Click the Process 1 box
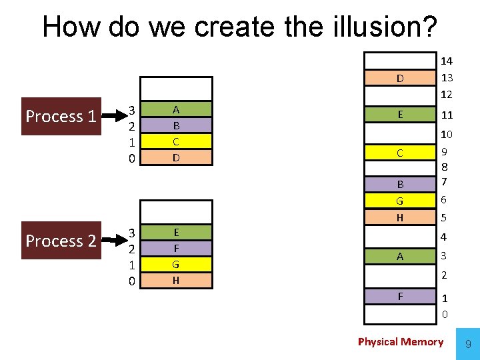point(61,117)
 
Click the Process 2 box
point(61,241)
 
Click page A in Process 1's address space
point(175,109)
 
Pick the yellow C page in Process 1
point(175,141)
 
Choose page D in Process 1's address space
point(175,158)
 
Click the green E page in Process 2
point(175,233)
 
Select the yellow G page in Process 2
point(175,265)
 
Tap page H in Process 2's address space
point(175,281)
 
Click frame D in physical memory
point(400,79)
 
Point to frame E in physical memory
point(400,115)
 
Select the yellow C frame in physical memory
point(400,153)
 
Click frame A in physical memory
point(400,256)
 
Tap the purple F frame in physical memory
point(400,295)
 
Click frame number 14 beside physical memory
point(447,61)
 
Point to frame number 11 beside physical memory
point(447,115)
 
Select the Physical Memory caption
point(400,342)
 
